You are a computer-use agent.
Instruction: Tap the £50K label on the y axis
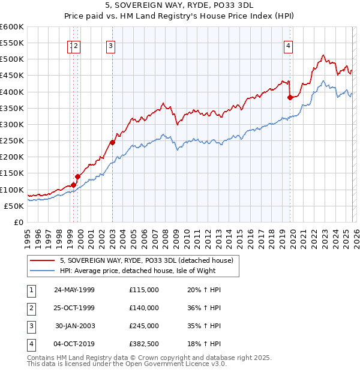(14, 206)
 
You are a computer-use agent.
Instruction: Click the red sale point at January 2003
(113, 143)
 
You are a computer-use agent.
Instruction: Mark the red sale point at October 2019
(290, 97)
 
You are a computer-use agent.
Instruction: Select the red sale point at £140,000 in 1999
(78, 176)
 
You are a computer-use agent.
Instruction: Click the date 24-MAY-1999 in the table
(74, 290)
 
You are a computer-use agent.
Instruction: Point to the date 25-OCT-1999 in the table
(74, 308)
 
